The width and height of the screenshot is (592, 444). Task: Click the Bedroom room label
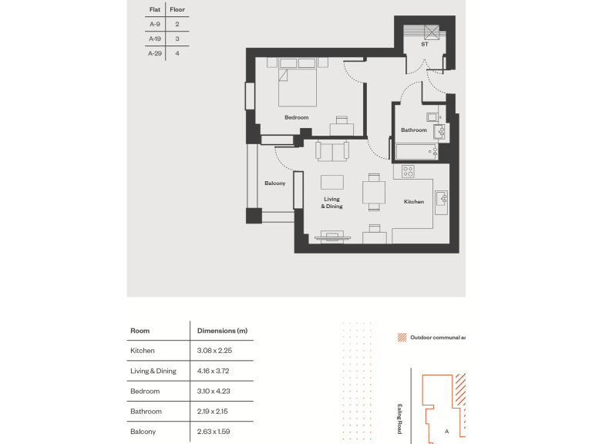(x=296, y=117)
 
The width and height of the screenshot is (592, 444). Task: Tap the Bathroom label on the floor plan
(x=413, y=130)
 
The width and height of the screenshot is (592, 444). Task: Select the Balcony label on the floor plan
(x=275, y=183)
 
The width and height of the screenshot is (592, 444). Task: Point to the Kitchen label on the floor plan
(x=414, y=202)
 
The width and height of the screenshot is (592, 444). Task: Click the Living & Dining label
(x=332, y=203)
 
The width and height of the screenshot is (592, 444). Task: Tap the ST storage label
(x=424, y=45)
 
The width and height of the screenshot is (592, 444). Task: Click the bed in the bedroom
(x=297, y=82)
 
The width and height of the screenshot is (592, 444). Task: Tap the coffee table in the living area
(x=332, y=182)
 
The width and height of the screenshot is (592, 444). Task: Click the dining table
(x=373, y=192)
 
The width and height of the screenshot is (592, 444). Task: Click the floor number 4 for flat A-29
(x=177, y=53)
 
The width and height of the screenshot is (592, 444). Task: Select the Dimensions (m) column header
(x=222, y=331)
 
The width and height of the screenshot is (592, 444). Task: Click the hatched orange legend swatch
(x=401, y=338)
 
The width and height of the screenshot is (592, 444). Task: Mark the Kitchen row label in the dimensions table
(x=143, y=351)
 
